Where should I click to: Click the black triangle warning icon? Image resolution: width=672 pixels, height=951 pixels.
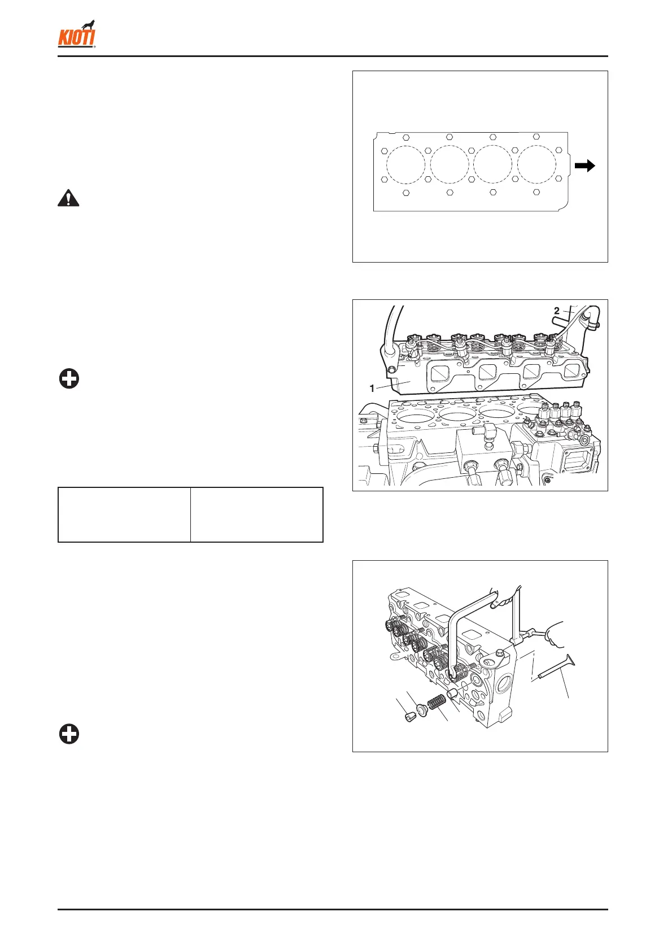tap(68, 199)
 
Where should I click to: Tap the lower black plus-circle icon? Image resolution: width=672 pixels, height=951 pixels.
tap(69, 735)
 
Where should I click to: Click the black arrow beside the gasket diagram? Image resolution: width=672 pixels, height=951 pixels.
tap(585, 165)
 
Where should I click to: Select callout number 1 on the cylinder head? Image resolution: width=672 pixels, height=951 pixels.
tap(372, 389)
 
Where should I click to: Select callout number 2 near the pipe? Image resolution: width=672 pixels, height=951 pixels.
tap(556, 311)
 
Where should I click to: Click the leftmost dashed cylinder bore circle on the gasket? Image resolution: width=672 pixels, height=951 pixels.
tap(405, 165)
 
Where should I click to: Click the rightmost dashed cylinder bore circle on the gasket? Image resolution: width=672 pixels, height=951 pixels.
tap(536, 165)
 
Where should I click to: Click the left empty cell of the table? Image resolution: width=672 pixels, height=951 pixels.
tap(124, 514)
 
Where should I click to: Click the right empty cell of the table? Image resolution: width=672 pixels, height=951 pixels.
tap(257, 514)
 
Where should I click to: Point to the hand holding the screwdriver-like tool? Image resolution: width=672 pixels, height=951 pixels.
tap(551, 633)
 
